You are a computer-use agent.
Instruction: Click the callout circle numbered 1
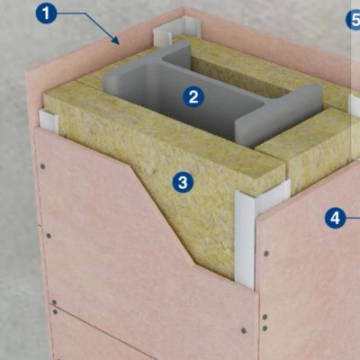(46, 13)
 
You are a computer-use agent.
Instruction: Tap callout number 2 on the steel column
(193, 96)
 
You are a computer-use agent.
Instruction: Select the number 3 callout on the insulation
(183, 182)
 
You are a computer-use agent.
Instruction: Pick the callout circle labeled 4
(335, 218)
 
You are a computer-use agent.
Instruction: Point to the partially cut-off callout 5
(354, 20)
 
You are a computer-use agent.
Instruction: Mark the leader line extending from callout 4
(353, 218)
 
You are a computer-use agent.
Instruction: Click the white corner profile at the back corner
(173, 30)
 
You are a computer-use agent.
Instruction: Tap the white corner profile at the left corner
(48, 121)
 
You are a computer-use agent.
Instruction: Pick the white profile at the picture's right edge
(355, 105)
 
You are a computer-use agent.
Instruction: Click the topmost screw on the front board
(43, 166)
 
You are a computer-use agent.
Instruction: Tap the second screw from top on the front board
(49, 236)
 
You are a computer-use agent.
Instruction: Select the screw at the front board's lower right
(244, 330)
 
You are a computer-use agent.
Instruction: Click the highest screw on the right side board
(265, 254)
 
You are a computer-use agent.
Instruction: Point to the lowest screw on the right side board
(265, 328)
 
